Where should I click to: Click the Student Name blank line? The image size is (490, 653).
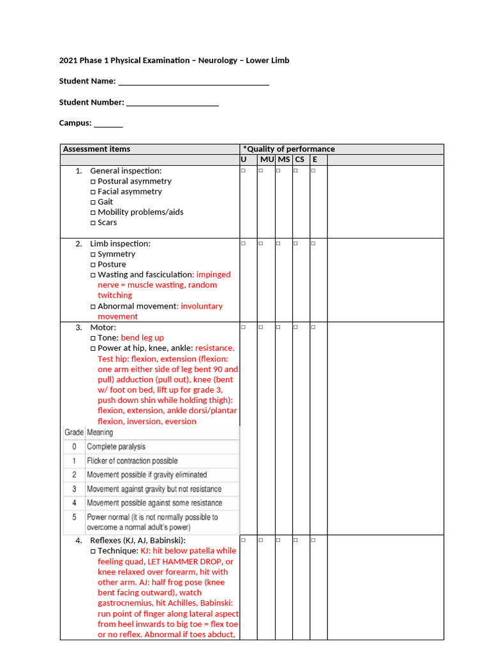point(193,83)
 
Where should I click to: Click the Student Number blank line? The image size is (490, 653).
point(172,104)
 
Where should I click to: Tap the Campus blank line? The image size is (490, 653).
point(108,125)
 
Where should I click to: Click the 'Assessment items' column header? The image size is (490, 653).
point(96,149)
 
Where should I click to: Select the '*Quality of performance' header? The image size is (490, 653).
point(288,149)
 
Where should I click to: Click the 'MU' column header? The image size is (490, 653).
point(266,159)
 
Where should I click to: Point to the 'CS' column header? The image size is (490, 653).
point(300,159)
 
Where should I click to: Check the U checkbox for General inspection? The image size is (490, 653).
point(244,171)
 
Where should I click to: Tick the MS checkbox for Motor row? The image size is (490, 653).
point(279,327)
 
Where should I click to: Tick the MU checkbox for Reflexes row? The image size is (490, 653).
point(261,540)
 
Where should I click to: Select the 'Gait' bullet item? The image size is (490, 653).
point(105,202)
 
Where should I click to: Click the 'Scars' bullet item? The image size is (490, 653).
point(107,223)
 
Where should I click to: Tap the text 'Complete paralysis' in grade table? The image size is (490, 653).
point(116,446)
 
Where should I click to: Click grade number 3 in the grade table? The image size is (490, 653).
point(74,489)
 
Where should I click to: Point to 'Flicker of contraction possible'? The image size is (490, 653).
point(132,460)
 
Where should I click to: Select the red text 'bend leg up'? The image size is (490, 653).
point(142,337)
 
